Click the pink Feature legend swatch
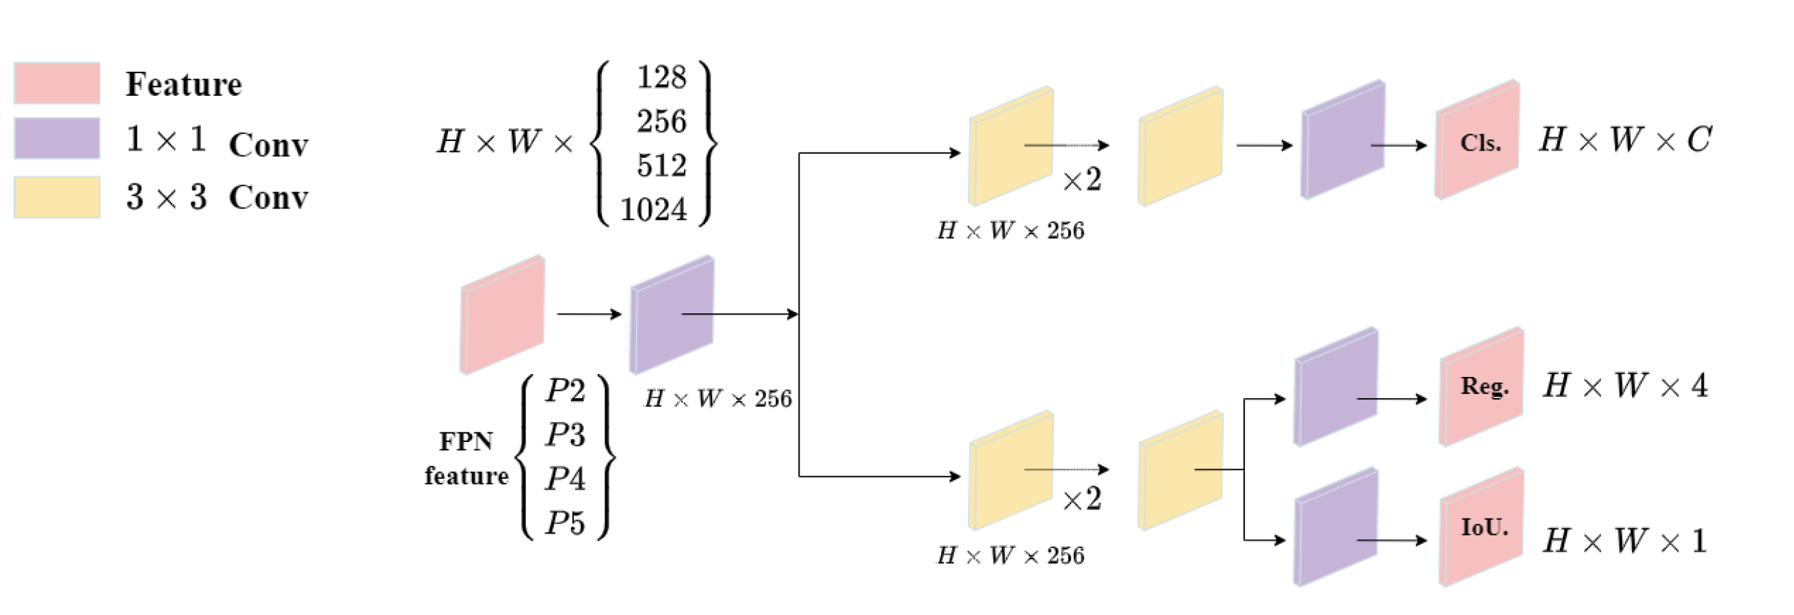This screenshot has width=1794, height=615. [57, 83]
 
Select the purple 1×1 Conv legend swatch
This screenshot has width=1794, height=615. [57, 139]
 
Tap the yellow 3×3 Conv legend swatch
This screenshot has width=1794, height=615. [57, 197]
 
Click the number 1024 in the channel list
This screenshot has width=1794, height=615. [653, 209]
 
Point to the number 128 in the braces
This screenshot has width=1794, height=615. [661, 77]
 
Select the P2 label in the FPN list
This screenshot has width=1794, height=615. [565, 391]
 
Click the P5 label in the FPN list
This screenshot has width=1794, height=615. [565, 523]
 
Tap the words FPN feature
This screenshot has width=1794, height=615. [466, 458]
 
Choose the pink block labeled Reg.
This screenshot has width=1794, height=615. [1482, 387]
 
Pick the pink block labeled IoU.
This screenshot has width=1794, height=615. [1482, 527]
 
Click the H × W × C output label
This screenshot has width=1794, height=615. [1625, 140]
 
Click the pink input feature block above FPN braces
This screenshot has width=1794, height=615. [502, 314]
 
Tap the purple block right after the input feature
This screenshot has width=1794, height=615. [672, 314]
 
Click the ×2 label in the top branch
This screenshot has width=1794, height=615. [1081, 181]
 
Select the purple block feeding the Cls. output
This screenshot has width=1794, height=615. [1343, 140]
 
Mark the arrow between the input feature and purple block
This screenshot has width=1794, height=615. [588, 314]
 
